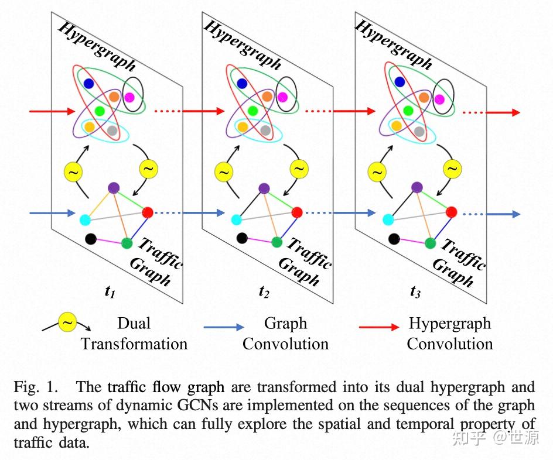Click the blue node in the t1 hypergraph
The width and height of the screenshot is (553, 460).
click(88, 84)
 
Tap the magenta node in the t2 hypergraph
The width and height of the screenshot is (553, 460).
click(282, 97)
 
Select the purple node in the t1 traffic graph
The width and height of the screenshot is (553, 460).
click(113, 188)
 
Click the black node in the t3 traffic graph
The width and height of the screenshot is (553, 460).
click(394, 239)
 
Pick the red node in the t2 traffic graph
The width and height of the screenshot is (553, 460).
click(298, 212)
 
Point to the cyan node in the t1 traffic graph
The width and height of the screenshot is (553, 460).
click(85, 219)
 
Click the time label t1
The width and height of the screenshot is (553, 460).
click(110, 292)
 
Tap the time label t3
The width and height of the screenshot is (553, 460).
click(415, 292)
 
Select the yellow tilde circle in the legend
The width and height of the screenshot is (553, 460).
click(67, 322)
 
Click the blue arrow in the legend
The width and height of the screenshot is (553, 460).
click(224, 327)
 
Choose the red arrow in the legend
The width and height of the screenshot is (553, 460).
click(379, 327)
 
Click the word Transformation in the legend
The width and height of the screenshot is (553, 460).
click(134, 344)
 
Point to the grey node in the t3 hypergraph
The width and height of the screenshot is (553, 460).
click(419, 132)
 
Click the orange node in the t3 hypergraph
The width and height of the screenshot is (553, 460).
click(424, 97)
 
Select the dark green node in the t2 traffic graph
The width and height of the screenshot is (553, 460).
click(277, 242)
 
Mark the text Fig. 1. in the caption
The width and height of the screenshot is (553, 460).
click(36, 387)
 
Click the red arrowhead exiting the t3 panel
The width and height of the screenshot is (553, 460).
click(516, 112)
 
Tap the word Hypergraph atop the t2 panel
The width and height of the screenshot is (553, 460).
click(243, 44)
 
